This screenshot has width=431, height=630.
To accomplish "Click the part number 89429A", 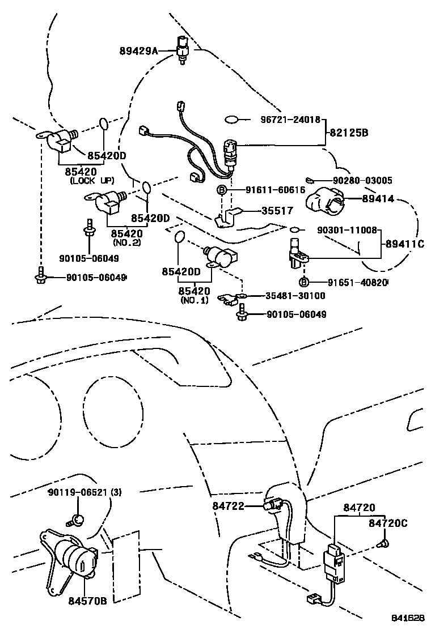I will (138, 50).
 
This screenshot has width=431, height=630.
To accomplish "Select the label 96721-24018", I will (290, 120).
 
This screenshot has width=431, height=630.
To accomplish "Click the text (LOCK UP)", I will (92, 181).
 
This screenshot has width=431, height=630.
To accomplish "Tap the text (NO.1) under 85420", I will (195, 300).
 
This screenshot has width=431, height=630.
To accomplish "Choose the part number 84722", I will (229, 506).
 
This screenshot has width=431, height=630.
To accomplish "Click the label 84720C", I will (388, 523).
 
